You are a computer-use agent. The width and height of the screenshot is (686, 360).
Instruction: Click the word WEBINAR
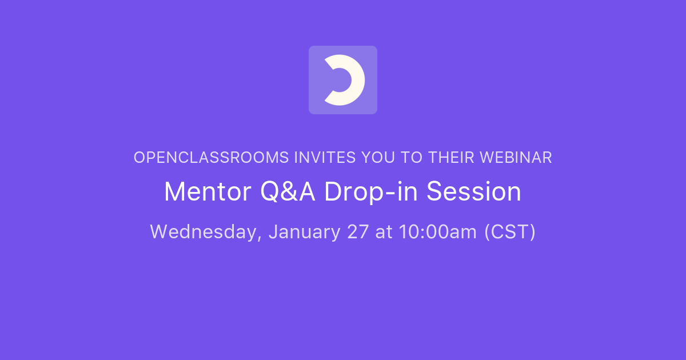tap(516, 158)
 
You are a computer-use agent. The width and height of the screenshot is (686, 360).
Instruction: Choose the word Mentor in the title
tap(208, 192)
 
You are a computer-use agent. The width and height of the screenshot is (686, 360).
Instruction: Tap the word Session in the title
tap(474, 192)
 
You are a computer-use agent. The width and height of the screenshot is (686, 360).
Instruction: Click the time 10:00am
tap(434, 232)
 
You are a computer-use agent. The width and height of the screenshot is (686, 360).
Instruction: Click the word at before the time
tap(384, 232)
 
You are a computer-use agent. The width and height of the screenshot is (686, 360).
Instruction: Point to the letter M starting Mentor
tap(175, 192)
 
